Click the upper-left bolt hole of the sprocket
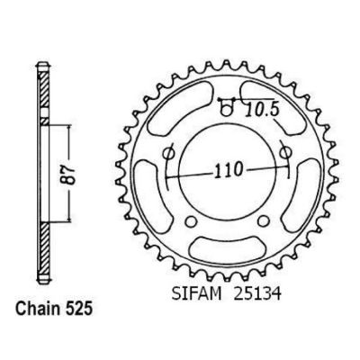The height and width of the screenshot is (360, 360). (168, 154)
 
